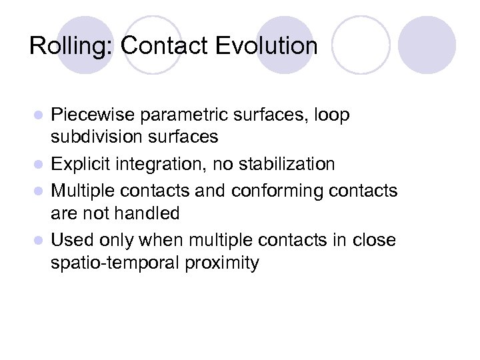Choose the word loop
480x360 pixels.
pyautogui.click(x=328, y=115)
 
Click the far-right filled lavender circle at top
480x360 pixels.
pyautogui.click(x=427, y=45)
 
